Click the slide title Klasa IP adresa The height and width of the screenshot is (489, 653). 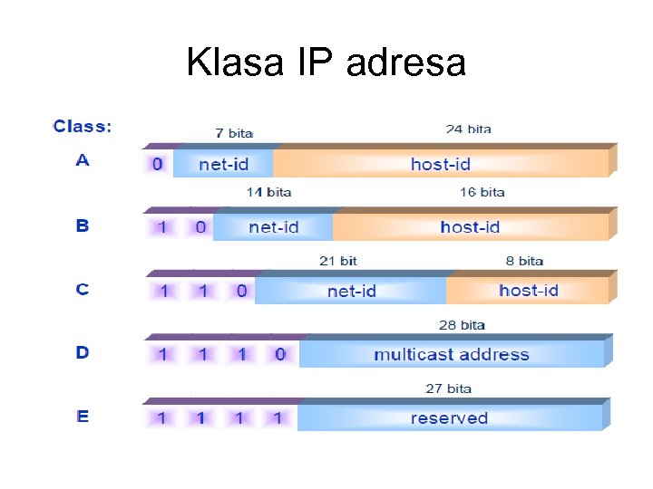click(x=326, y=62)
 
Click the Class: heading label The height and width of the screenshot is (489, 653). click(x=82, y=127)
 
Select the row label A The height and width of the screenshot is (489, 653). click(x=83, y=161)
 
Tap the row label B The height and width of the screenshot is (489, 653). click(x=83, y=225)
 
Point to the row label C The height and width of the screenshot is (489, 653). click(x=83, y=290)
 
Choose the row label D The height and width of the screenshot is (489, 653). click(x=83, y=352)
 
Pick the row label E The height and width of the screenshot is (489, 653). click(x=83, y=417)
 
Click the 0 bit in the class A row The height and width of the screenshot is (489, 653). click(x=158, y=164)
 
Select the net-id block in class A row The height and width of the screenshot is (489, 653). click(x=223, y=164)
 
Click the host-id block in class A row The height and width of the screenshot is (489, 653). click(x=441, y=164)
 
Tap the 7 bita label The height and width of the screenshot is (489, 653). click(x=233, y=132)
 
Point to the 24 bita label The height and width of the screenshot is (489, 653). click(x=468, y=129)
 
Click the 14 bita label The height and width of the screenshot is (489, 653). click(x=268, y=192)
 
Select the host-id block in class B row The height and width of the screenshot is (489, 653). click(x=470, y=226)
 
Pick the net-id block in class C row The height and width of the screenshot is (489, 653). click(x=351, y=291)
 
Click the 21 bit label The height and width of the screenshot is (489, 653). click(x=337, y=261)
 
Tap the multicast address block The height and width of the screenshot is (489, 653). click(x=451, y=354)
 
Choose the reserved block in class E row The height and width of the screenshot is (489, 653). click(x=449, y=417)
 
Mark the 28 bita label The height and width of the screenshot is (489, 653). click(x=463, y=324)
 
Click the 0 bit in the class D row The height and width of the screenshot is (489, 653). click(x=280, y=354)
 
